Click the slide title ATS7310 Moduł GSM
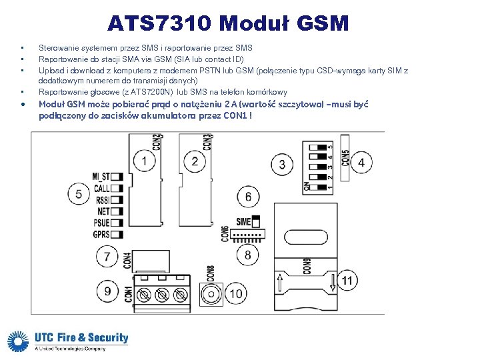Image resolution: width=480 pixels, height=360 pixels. pos(228,24)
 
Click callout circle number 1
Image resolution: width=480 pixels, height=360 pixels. pos(144,161)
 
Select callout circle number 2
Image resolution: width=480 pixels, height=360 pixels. pos(195,161)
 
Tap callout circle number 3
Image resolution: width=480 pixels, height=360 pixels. pos(282,164)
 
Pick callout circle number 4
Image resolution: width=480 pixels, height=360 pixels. pos(361,162)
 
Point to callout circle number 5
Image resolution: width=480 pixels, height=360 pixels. pos(79,194)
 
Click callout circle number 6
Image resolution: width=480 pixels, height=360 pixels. pos(248,197)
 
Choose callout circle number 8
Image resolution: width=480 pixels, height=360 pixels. pos(248,255)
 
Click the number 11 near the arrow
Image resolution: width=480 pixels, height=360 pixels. pos(347,281)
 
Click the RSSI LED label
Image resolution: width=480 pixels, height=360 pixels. pos(103,200)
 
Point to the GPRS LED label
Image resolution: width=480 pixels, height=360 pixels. pos(101,235)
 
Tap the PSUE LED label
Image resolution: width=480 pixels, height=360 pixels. pos(101,223)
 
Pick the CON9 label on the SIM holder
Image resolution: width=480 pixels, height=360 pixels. pos(307,265)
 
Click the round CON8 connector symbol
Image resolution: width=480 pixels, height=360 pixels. pos(211,294)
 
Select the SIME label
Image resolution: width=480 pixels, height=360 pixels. pos(243,221)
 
